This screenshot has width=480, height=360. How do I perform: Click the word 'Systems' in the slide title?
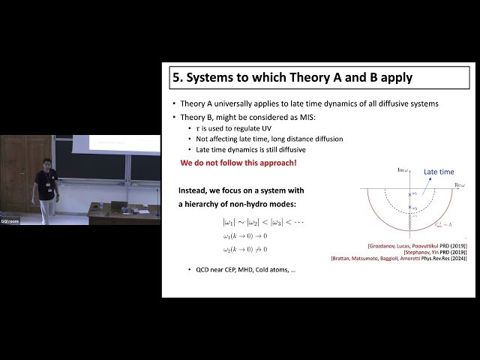click(x=209, y=76)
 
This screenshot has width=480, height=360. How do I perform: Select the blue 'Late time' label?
click(x=439, y=172)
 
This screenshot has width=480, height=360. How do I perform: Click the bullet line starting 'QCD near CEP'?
click(x=241, y=268)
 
